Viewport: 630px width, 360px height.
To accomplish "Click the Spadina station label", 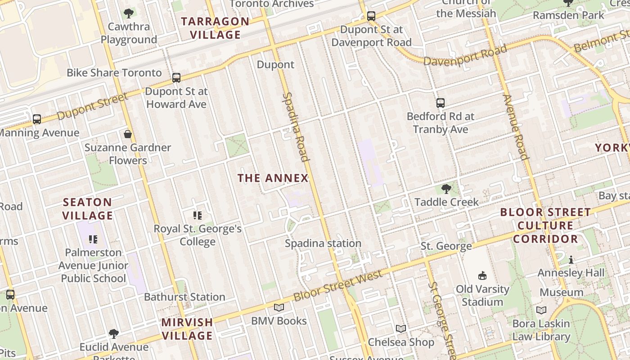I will pos(323,243).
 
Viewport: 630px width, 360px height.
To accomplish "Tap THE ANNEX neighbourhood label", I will pos(273,178).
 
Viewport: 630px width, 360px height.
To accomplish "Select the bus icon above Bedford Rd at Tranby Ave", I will pos(441,103).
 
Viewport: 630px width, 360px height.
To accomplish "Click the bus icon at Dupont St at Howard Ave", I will pos(176,78).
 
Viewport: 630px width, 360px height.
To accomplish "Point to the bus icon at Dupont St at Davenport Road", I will pos(371,16).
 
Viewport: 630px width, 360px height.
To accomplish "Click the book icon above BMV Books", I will pos(279,308).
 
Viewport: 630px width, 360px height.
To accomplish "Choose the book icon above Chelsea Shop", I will pos(401,329).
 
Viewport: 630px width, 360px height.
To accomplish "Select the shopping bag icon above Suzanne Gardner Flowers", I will pos(128,134).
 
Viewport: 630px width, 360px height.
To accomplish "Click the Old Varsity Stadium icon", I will pos(482,275).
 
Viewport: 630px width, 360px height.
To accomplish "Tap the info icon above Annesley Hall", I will pos(571,260).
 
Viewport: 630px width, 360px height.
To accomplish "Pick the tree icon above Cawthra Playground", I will pos(129,13).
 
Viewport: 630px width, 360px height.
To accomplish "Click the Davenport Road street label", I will pos(465,55).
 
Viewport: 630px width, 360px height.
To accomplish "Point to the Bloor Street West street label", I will pos(337,286).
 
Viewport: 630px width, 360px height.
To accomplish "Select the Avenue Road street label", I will pos(515,127).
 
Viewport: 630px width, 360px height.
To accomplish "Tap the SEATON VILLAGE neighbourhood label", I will pos(88,209).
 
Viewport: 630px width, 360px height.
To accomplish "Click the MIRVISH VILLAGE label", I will pos(187,329).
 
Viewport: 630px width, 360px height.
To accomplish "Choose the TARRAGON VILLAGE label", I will pos(215,28).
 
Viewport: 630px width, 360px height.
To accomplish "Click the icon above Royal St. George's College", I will pos(198,216).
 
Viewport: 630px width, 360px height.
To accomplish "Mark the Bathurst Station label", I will pos(184,297).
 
